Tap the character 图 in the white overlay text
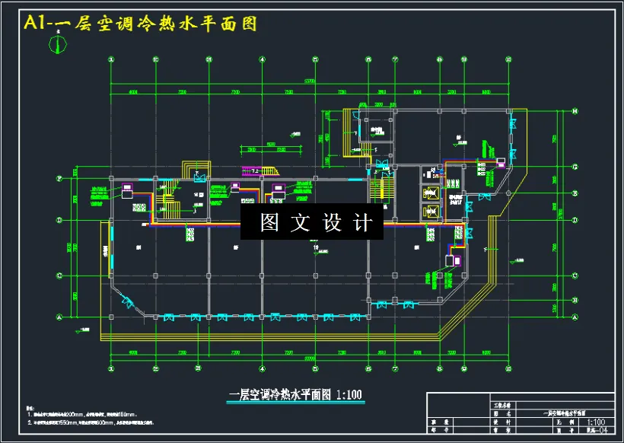269,223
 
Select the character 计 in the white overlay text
364,223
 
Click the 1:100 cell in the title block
596,421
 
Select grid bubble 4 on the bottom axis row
263,371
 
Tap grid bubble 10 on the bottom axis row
508,371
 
